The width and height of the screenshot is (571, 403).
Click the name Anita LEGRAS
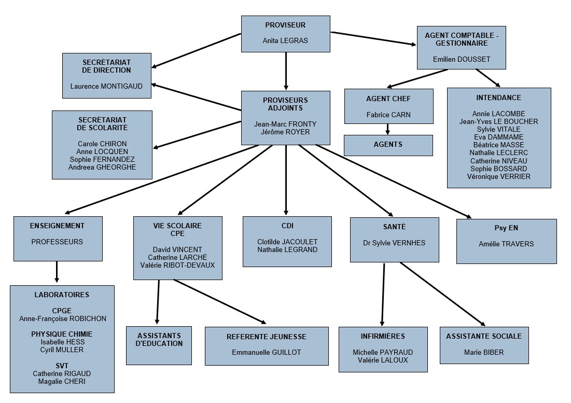click(x=285, y=40)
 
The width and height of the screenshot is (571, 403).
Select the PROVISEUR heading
click(x=285, y=25)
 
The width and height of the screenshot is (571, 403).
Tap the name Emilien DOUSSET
click(x=462, y=59)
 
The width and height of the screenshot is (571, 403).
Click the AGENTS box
click(x=388, y=145)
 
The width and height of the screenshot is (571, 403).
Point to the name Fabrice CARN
click(x=388, y=115)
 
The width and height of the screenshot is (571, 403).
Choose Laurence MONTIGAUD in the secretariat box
click(x=106, y=86)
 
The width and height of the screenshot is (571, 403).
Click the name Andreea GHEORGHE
click(x=102, y=168)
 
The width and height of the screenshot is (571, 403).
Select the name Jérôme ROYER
click(x=285, y=132)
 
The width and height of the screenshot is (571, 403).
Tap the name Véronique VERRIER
click(x=498, y=176)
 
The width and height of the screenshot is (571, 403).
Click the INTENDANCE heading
click(x=498, y=98)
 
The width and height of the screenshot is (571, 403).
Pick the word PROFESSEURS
click(x=57, y=242)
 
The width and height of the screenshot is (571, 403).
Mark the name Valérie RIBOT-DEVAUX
click(x=177, y=266)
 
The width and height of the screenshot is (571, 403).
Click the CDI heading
click(x=287, y=226)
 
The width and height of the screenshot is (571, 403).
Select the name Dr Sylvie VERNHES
click(x=394, y=243)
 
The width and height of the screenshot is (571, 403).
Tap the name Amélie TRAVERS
click(x=506, y=244)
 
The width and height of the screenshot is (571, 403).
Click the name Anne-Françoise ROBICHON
click(x=63, y=318)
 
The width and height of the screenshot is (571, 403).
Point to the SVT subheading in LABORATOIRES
click(x=62, y=366)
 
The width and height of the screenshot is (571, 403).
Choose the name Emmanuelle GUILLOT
click(x=267, y=352)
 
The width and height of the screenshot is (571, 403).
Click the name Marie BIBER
click(x=484, y=352)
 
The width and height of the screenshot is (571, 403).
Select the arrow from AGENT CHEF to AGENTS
click(x=387, y=129)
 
